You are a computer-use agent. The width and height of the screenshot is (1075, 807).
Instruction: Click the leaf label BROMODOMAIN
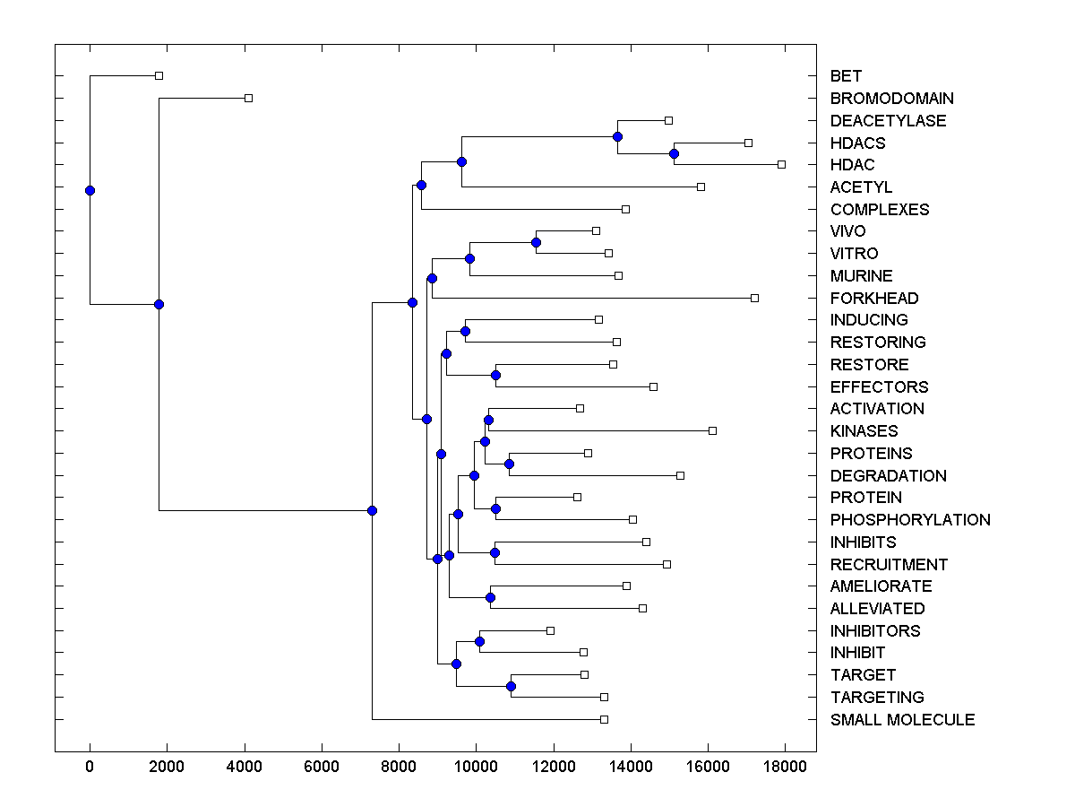click(891, 99)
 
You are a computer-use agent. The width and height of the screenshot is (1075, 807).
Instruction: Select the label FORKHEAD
click(874, 299)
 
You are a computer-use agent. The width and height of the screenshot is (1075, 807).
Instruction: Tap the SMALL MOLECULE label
click(902, 720)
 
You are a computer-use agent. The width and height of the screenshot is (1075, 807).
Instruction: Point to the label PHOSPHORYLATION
click(910, 520)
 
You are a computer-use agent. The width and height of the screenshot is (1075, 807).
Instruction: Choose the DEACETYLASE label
click(888, 121)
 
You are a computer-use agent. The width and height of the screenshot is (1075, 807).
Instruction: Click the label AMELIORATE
click(881, 586)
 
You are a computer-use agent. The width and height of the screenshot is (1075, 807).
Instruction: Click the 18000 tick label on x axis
click(785, 767)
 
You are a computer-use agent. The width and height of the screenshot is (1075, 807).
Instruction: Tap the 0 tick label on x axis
click(90, 767)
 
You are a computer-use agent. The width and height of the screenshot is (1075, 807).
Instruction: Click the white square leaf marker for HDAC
click(781, 164)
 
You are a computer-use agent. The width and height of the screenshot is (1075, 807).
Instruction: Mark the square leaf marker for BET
click(159, 75)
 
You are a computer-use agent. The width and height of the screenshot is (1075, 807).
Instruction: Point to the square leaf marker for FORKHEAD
click(754, 298)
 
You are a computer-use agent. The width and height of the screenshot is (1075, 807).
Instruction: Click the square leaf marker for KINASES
click(712, 430)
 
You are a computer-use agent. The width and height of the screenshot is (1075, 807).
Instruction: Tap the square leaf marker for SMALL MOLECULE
click(604, 719)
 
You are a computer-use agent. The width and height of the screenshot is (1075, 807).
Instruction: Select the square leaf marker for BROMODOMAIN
click(248, 98)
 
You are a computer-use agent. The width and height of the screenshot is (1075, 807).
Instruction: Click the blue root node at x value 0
click(90, 190)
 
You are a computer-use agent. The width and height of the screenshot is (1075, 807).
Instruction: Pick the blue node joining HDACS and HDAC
click(674, 153)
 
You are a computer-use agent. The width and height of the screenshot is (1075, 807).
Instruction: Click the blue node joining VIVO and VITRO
click(536, 242)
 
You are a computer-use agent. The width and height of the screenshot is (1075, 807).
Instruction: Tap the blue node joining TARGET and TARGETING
click(511, 686)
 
